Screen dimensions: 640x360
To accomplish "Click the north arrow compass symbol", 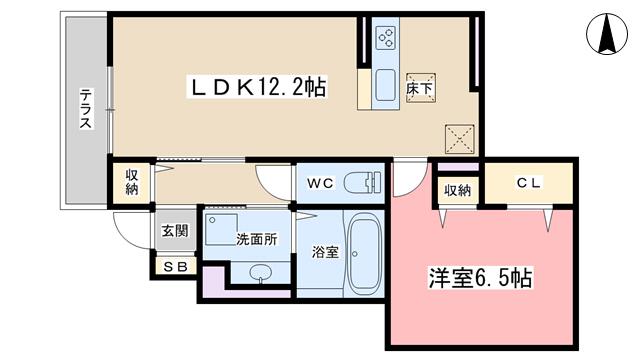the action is tap(607, 34).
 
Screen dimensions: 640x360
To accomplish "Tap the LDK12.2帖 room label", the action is tap(257, 87).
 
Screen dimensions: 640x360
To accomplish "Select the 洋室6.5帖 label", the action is tap(480, 278).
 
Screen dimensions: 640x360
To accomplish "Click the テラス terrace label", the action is tap(85, 109).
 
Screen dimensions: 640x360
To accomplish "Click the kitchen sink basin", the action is tap(385, 85).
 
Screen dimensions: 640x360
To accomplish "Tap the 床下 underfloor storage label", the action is tap(421, 88).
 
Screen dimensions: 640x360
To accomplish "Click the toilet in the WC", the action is tap(362, 182).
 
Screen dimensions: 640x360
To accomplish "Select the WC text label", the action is tap(320, 183).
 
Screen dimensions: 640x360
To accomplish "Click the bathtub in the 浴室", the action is tap(365, 255).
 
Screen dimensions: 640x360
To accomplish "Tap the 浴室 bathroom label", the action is tap(325, 252).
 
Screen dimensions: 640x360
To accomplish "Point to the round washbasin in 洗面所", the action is tap(260, 272).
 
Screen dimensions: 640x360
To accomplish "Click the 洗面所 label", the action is tap(257, 239).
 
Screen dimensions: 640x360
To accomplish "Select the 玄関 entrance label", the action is tap(175, 231).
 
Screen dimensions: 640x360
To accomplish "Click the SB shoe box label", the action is tap(176, 267).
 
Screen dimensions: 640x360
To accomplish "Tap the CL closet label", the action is tap(529, 183).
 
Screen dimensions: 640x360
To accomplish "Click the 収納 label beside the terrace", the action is tap(132, 182).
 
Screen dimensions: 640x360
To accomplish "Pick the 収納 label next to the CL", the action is tap(458, 190).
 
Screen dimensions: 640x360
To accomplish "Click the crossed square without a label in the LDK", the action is tap(460, 139).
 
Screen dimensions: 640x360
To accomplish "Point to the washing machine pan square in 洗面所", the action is tap(222, 229).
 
